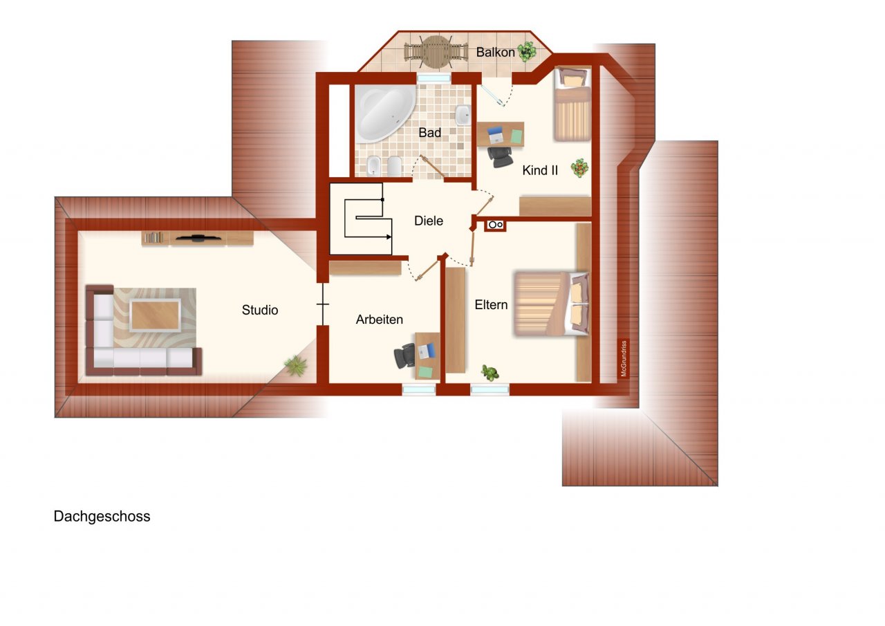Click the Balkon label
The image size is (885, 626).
click(495, 52)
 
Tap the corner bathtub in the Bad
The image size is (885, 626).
click(383, 113)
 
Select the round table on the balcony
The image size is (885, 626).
click(435, 52)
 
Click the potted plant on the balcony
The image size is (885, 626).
click(527, 50)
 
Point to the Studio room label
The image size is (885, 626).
click(260, 310)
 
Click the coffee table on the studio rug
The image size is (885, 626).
click(155, 315)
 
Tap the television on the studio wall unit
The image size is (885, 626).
click(198, 239)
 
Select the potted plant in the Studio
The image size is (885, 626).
click(296, 365)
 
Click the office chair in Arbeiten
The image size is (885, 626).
click(405, 356)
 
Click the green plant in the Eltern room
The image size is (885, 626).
click(490, 373)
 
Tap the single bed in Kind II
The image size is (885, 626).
click(572, 105)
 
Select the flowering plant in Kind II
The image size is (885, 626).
click(580, 167)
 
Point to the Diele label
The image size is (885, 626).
click(429, 221)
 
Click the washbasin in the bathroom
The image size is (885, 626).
click(463, 114)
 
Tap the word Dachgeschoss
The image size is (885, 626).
click(102, 517)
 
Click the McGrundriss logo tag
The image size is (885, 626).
click(624, 359)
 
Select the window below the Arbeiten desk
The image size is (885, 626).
click(419, 389)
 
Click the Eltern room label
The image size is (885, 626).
click(491, 304)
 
